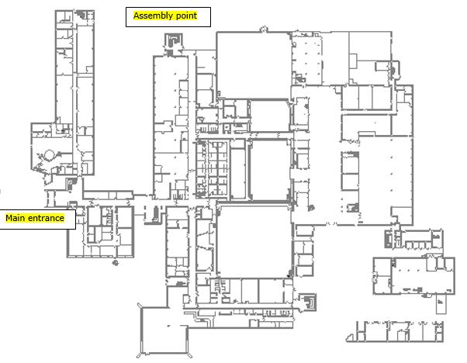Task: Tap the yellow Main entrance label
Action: click(x=39, y=219)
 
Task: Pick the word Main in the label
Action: click(x=16, y=219)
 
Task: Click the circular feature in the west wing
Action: click(x=47, y=155)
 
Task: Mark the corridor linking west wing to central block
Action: click(x=116, y=195)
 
